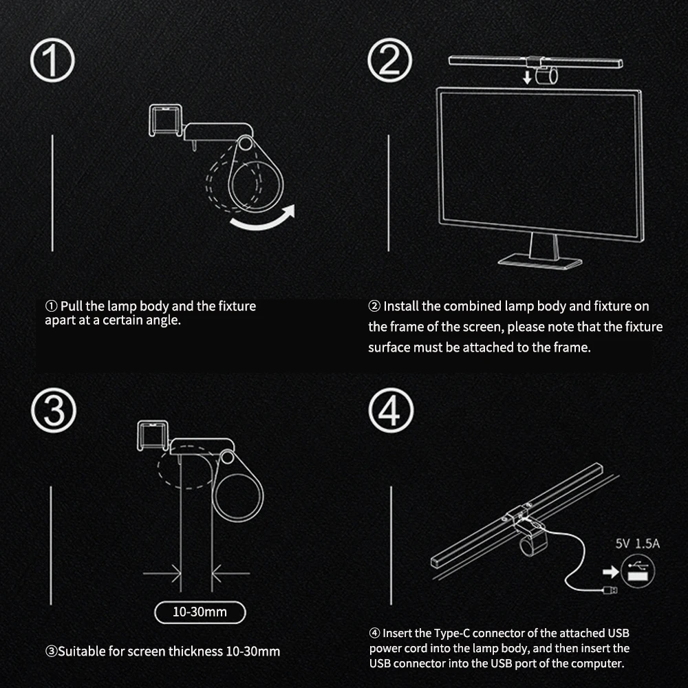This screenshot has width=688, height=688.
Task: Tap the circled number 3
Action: (52, 411)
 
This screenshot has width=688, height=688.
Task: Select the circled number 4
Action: (389, 411)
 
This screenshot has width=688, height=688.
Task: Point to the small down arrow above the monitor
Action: (526, 76)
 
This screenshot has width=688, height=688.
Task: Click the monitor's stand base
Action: (540, 261)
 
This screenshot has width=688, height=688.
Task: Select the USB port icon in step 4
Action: (638, 570)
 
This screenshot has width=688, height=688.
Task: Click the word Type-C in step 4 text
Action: (455, 632)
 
